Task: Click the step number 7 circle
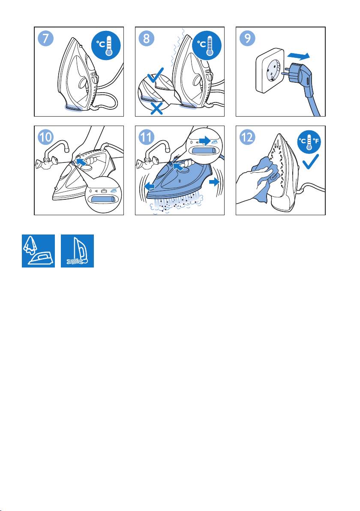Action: (46, 39)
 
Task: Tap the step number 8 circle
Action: (147, 39)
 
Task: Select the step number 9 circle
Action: (247, 39)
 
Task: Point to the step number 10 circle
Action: (46, 137)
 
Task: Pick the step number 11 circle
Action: (147, 137)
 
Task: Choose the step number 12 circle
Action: (247, 137)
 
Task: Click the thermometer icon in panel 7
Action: (106, 45)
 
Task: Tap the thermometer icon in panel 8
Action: (207, 45)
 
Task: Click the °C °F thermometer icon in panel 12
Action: (309, 142)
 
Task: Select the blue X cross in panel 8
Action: (156, 108)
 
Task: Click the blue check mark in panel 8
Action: (156, 77)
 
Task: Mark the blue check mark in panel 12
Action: (310, 162)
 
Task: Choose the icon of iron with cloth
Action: (38, 251)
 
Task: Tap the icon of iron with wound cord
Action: (77, 251)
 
